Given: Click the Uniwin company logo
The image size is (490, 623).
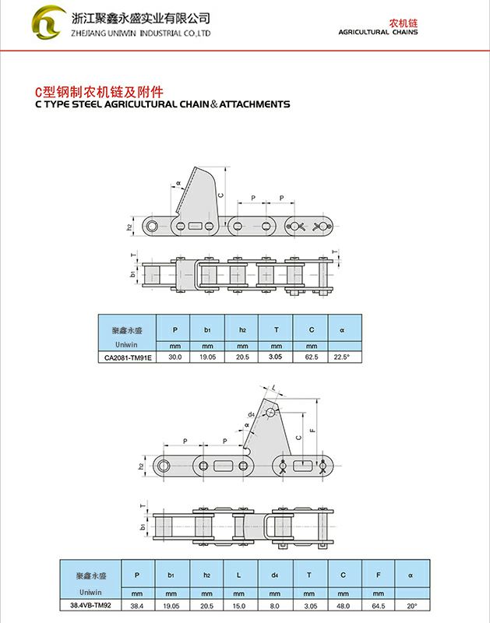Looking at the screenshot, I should (48, 23).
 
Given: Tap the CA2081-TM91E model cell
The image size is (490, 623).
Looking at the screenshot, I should (126, 357).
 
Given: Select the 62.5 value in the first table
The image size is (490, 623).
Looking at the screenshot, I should (311, 357).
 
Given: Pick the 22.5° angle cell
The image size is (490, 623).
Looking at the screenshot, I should (342, 357).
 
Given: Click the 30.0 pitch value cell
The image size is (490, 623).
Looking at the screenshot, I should (174, 357).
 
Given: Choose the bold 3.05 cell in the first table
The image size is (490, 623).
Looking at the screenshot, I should (276, 357).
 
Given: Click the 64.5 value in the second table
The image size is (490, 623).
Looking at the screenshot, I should (379, 605).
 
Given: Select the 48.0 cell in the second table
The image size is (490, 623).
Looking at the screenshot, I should (344, 605).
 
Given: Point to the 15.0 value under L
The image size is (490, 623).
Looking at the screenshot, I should (240, 605).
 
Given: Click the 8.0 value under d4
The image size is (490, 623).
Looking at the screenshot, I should (274, 605).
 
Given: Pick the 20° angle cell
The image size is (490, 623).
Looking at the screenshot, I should (411, 605).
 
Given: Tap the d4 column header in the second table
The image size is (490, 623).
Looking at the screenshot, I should (274, 575).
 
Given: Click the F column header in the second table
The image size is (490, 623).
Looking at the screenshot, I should (379, 575).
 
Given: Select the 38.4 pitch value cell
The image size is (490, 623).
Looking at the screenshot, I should (136, 605).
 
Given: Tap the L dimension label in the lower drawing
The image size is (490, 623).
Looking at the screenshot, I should (274, 387).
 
